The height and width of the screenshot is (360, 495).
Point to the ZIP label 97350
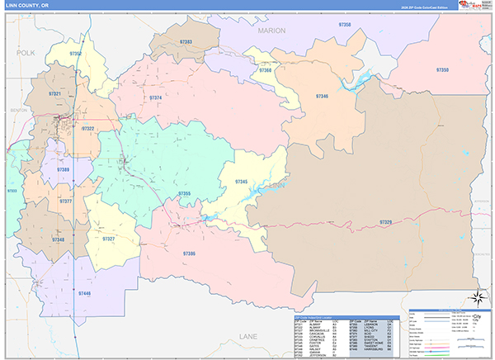click(442, 70)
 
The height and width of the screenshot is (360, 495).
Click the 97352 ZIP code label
click(76, 54)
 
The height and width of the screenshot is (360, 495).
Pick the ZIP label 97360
click(266, 70)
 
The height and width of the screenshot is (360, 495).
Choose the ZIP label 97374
click(155, 98)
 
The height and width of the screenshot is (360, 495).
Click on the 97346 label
click(322, 96)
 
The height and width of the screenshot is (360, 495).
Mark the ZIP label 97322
click(87, 129)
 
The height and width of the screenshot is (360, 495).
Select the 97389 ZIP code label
click(64, 169)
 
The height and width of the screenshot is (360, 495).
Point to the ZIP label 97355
click(185, 193)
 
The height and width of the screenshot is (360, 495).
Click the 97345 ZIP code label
click(241, 181)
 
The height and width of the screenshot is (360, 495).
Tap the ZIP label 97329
click(386, 222)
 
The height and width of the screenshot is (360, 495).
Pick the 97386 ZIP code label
click(190, 253)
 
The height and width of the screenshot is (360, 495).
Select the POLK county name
click(22, 51)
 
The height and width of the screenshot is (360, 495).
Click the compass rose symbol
click(476, 297)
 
